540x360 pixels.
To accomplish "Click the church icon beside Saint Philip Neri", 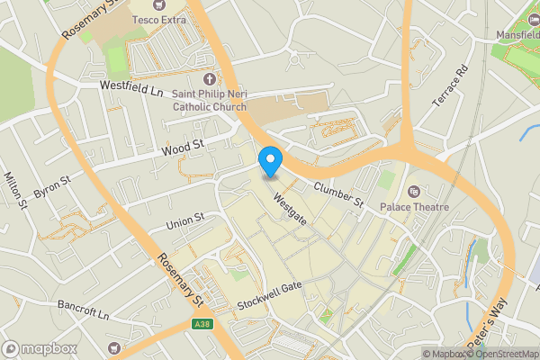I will (211, 79).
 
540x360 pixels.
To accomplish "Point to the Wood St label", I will (183, 148).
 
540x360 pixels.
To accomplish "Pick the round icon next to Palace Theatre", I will (414, 191).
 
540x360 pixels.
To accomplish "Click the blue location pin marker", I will (270, 162).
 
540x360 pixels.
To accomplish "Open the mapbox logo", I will (40, 348).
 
